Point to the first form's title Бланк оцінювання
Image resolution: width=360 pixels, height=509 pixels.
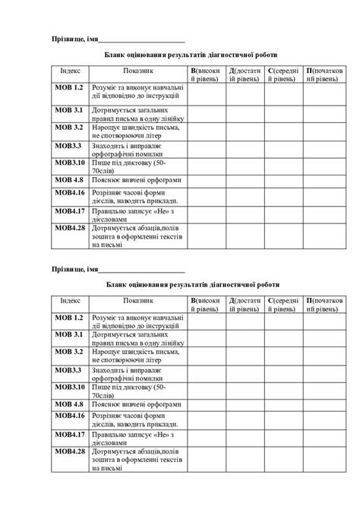(x=191, y=55)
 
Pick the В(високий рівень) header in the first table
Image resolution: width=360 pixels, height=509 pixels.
(x=206, y=74)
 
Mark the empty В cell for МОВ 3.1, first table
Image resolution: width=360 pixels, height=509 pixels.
(x=206, y=113)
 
